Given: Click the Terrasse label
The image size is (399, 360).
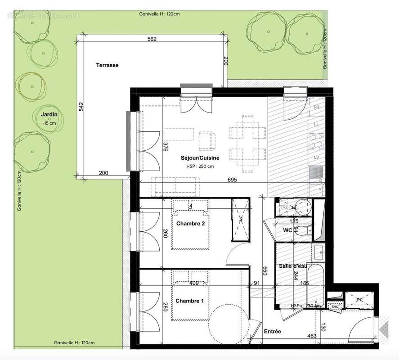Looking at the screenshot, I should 107,65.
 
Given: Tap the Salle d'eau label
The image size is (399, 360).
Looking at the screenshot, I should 292,266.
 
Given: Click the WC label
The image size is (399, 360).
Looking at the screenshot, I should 288,231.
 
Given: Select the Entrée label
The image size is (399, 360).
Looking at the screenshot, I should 272,331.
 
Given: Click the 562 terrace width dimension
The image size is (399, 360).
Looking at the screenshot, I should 152,39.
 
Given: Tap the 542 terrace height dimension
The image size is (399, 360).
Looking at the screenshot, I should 81,107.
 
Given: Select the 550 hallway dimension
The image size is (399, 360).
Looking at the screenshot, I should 265,270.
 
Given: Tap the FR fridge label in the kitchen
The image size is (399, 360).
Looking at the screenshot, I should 317,108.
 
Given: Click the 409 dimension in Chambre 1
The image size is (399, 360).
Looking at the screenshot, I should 194,283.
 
